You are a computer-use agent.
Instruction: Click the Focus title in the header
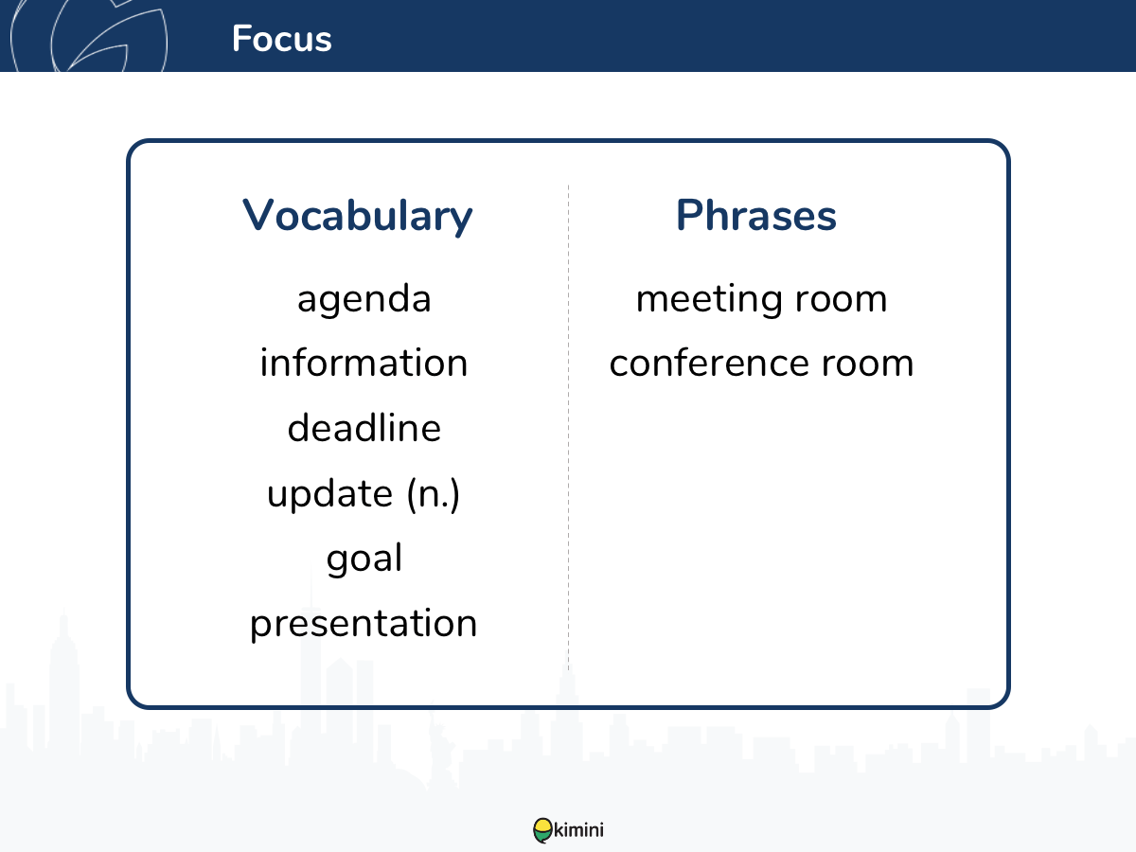point(281,39)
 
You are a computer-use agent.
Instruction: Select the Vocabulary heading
point(357,216)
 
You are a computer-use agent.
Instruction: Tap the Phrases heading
point(756,215)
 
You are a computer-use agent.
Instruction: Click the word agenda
point(364,300)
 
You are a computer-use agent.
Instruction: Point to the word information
point(364,363)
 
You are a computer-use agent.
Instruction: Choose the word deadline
point(364,428)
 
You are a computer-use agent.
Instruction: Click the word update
point(330,494)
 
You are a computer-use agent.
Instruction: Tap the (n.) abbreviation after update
point(434,494)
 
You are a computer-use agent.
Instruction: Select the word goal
point(364,559)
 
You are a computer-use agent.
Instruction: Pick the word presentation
point(364,625)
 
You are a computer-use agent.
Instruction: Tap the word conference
point(708,364)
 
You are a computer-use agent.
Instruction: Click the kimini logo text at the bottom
point(578,830)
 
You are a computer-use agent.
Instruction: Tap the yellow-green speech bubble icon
point(542,830)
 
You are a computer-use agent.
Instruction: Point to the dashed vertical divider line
point(568,427)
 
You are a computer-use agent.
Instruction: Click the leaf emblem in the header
point(89,36)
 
